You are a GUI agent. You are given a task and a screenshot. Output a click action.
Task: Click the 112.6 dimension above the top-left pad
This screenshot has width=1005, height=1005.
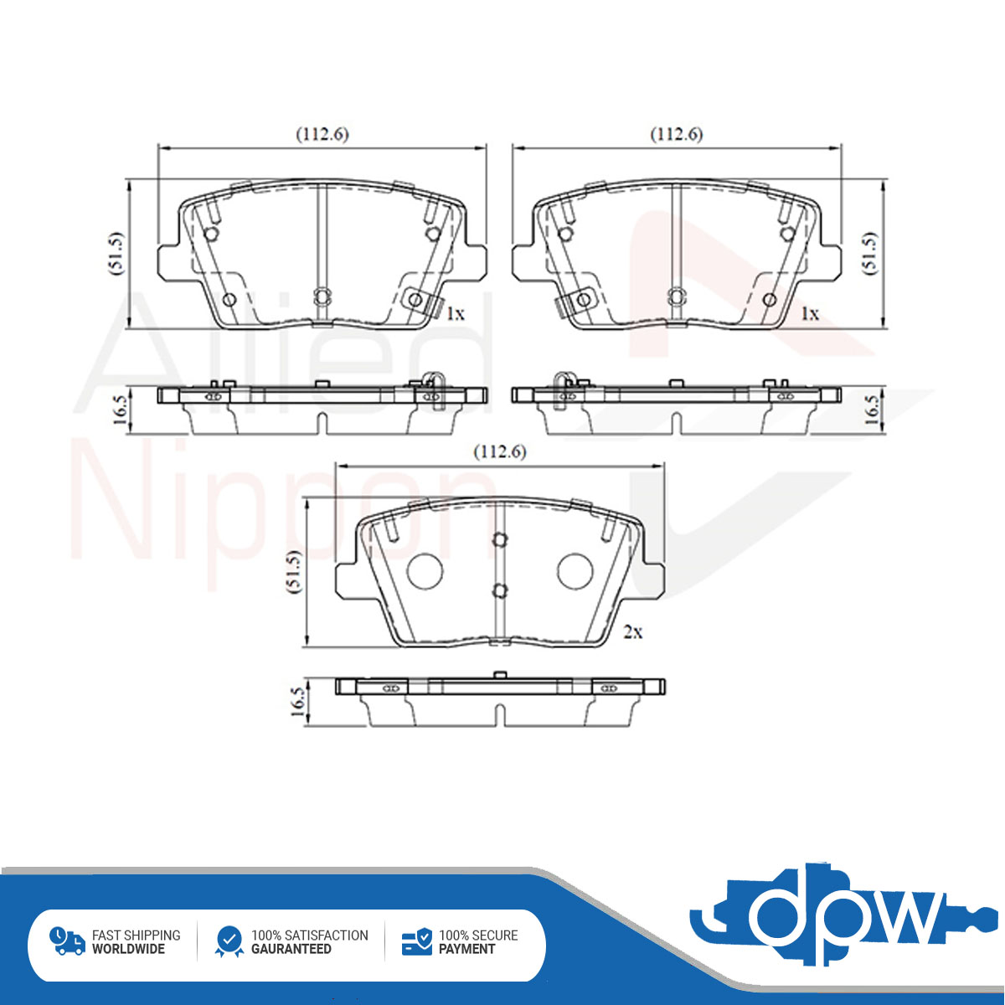322,135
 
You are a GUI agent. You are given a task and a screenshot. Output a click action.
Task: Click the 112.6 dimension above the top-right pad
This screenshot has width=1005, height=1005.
677,135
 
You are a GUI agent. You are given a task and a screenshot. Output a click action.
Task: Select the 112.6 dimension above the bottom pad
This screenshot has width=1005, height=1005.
500,451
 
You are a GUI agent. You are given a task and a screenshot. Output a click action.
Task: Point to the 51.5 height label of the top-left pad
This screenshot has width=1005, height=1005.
116,254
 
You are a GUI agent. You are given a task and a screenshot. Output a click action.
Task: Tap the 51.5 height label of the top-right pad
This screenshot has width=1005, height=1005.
869,254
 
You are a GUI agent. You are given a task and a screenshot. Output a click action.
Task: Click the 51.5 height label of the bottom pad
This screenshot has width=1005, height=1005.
294,571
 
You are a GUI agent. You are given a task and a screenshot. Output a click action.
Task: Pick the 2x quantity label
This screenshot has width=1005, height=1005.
633,632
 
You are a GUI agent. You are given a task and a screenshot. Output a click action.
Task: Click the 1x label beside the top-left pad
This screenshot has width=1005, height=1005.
456,313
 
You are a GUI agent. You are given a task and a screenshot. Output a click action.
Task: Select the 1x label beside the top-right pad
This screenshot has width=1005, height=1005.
810,313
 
